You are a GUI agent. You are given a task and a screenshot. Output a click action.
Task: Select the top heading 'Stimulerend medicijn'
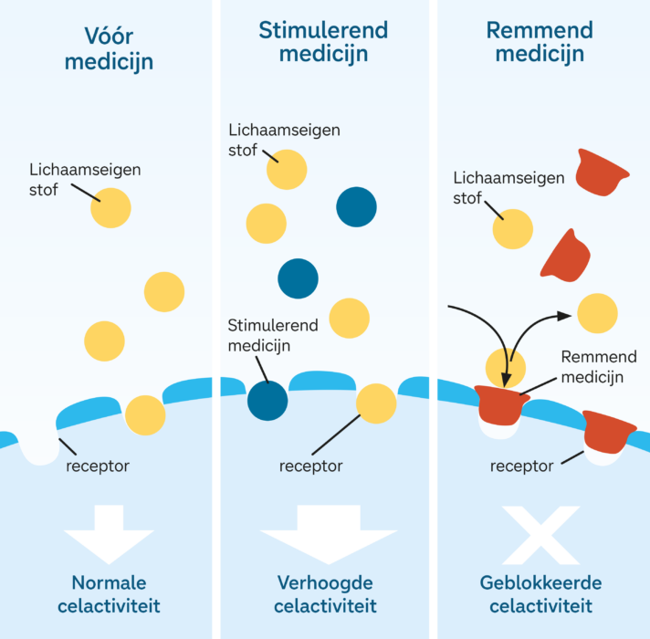coord(323,41)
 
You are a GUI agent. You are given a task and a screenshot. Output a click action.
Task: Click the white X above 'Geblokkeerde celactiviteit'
coord(540,534)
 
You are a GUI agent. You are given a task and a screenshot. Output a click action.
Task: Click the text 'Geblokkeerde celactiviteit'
coord(540,594)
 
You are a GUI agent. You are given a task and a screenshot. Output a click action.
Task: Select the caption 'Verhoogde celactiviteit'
coord(324,594)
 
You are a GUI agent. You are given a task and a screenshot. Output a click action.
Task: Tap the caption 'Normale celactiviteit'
coord(108,594)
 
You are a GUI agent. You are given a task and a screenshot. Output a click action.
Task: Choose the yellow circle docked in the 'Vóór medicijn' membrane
coord(145,415)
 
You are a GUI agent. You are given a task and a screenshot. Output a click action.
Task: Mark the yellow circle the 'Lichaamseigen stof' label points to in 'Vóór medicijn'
coord(110,208)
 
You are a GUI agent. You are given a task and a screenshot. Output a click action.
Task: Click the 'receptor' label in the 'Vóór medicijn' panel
coord(98,466)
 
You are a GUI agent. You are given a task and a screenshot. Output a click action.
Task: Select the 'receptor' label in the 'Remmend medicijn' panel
coord(521,466)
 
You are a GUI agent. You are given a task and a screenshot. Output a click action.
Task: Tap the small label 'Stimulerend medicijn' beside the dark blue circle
coord(265,335)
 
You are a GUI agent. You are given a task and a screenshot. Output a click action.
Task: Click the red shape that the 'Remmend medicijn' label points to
coord(501,403)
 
